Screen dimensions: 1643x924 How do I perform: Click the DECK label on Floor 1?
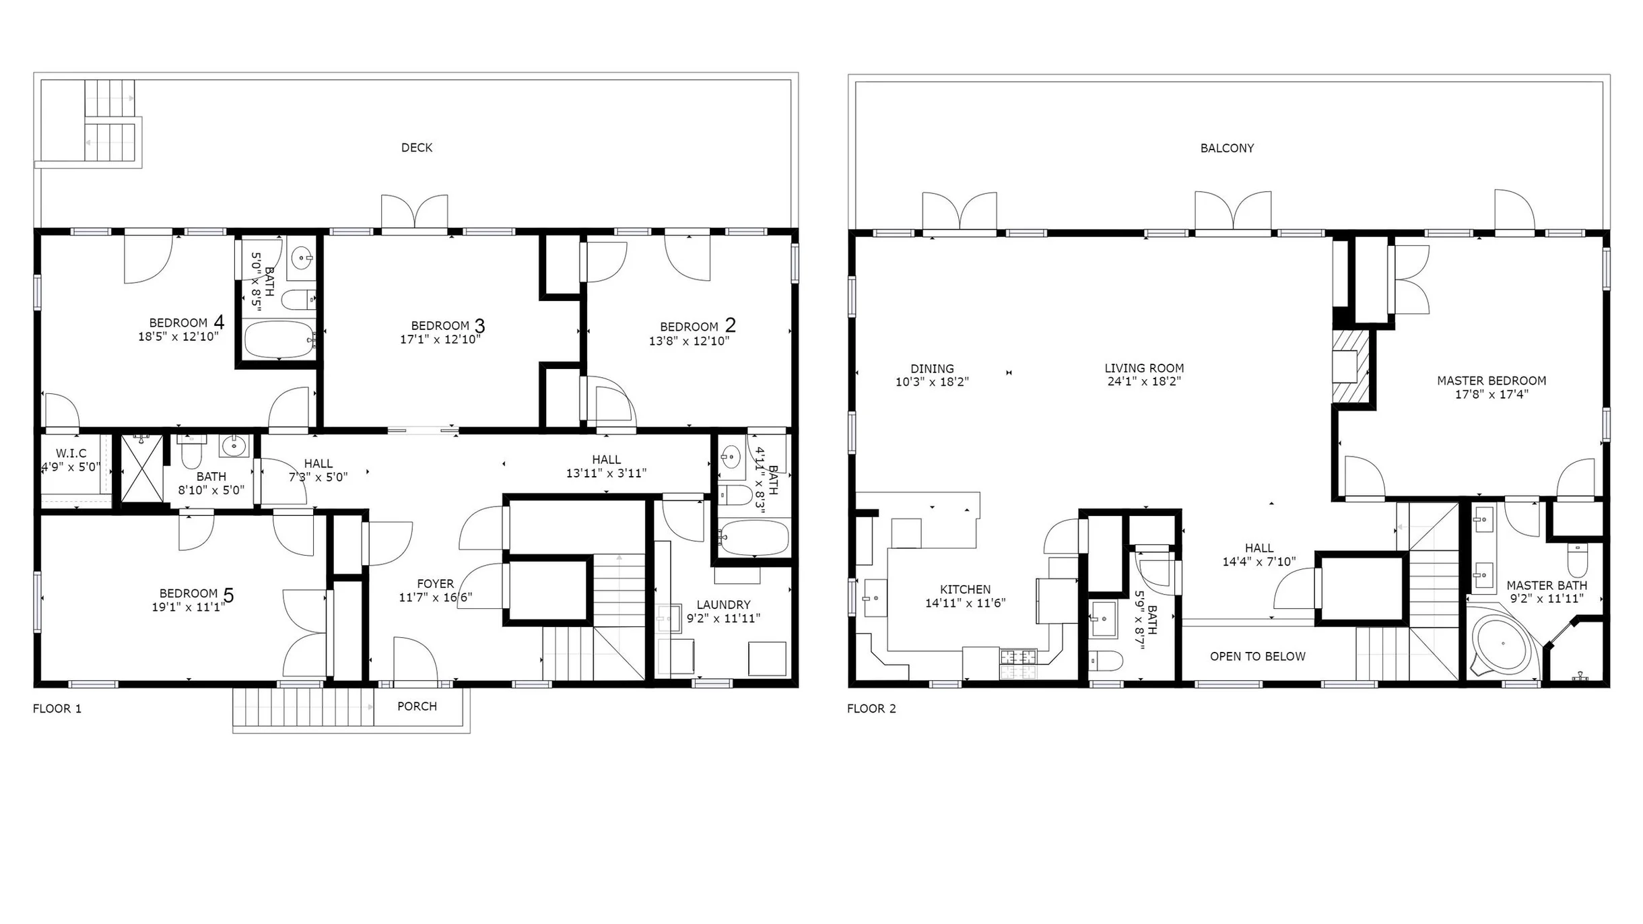click(417, 147)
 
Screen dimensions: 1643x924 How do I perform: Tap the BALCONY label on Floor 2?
click(1227, 148)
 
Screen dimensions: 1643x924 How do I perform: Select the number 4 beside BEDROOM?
click(219, 322)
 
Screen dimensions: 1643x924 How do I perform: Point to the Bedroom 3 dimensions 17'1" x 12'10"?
click(440, 339)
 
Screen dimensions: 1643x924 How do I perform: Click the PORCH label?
click(417, 706)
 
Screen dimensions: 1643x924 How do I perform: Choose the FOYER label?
click(435, 584)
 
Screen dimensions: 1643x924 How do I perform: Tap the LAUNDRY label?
click(723, 605)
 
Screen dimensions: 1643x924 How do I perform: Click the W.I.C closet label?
click(71, 454)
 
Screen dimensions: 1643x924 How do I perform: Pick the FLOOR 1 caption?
click(57, 708)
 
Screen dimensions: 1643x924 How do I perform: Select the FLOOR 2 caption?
click(871, 708)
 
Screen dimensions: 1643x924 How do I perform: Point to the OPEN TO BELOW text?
click(1257, 657)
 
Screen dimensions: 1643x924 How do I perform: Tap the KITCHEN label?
click(965, 589)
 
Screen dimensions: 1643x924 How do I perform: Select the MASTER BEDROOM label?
click(1491, 381)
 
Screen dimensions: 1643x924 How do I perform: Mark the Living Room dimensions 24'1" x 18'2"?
click(1144, 381)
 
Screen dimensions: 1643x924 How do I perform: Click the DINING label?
click(932, 369)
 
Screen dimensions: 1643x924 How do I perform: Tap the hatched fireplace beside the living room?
click(1351, 366)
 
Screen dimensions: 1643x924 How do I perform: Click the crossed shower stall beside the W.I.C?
click(142, 468)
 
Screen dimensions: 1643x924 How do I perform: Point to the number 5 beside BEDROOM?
click(228, 595)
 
